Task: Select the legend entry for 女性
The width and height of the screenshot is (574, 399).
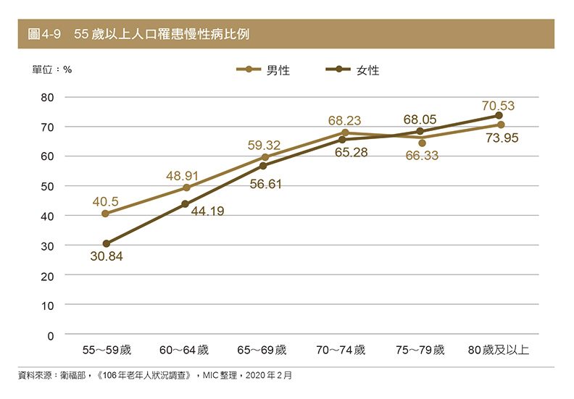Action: [354, 70]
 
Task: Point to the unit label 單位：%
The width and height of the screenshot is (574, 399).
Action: [51, 70]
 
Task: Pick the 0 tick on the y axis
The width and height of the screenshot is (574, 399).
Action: [50, 336]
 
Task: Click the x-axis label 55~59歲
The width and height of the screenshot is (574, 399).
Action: [106, 350]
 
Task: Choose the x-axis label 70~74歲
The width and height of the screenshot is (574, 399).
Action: [341, 350]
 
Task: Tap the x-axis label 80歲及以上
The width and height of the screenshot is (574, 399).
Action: [499, 350]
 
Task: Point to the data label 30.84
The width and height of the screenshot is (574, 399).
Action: [106, 257]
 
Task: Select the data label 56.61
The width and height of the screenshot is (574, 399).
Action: [265, 185]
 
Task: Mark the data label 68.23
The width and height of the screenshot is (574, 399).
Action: [344, 120]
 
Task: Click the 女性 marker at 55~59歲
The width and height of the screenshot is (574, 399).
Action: [107, 244]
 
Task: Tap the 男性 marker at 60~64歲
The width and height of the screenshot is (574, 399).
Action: [186, 188]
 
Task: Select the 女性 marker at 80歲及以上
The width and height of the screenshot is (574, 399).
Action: [499, 115]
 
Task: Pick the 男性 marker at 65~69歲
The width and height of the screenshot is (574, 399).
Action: [265, 157]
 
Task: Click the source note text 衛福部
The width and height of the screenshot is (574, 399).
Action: [73, 377]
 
